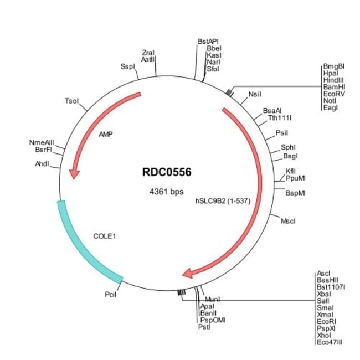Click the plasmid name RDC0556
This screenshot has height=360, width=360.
coord(166,172)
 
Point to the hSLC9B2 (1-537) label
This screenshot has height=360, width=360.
coord(223,201)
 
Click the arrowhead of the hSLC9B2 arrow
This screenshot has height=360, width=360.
coord(188,272)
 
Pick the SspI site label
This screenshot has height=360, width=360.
coord(127,66)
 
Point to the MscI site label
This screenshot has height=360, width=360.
coord(288,221)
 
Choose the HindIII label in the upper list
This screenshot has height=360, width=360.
coord(333,80)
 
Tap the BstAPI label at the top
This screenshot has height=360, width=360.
coord(208,42)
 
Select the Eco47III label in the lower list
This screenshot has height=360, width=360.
coord(330,343)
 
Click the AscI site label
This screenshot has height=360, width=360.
coord(323,273)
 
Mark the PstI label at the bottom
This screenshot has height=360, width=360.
coord(204,327)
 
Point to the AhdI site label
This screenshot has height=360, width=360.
coord(43,164)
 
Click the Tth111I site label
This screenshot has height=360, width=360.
coord(280,117)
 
